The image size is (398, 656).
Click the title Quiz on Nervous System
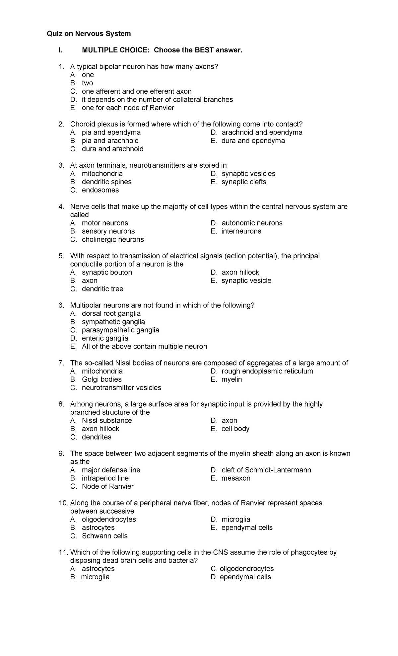[89, 34]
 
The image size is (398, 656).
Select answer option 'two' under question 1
[87, 83]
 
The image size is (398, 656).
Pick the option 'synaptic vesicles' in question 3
[248, 174]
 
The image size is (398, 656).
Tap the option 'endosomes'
[100, 190]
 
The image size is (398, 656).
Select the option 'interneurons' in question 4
[241, 231]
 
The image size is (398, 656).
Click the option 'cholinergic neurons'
[113, 240]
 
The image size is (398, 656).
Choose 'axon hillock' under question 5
[240, 273]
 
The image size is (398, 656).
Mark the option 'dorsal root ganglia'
[111, 314]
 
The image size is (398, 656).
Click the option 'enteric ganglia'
[105, 338]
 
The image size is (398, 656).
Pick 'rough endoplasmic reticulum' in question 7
[267, 371]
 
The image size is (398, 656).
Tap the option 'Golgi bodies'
[101, 379]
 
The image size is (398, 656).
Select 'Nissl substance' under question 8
[107, 421]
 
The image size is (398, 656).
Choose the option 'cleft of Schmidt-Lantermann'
[266, 470]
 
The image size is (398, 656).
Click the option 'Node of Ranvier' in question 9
[107, 486]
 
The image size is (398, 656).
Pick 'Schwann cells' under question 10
[104, 536]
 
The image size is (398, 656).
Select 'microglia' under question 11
[95, 577]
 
